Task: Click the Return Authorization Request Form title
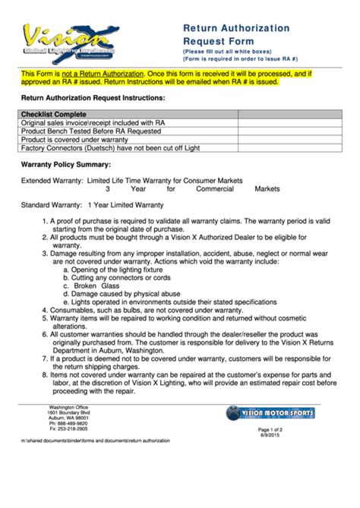pos(235,34)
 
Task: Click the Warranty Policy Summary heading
pos(65,165)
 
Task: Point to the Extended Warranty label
pos(52,181)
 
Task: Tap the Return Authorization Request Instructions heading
pos(93,99)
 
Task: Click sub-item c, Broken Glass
pos(91,286)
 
